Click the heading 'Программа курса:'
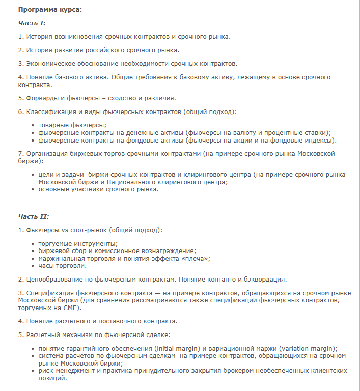[x=49, y=9]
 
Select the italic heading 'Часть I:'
[x=32, y=23]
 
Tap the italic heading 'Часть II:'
[x=34, y=216]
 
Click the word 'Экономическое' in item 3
[x=50, y=64]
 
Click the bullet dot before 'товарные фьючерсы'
[x=34, y=125]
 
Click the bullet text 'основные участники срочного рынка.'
[x=98, y=189]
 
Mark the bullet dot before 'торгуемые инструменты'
[x=34, y=244]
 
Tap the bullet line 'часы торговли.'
[x=62, y=265]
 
